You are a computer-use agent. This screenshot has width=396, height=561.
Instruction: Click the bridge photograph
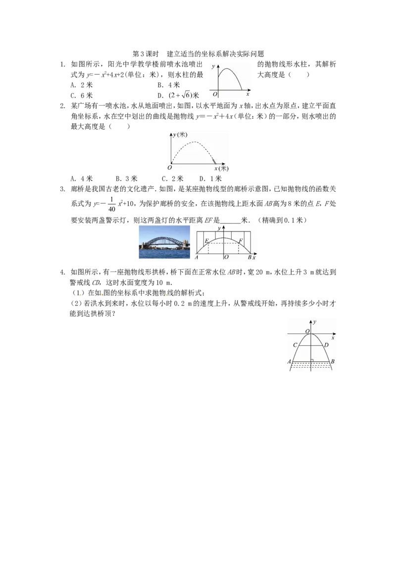(164, 242)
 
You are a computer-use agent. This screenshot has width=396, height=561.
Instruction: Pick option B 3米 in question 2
(127, 178)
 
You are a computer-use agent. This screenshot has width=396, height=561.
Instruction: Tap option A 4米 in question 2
(82, 178)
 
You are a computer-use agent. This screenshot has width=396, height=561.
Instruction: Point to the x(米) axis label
(221, 168)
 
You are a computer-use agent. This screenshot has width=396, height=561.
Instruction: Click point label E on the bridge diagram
(206, 241)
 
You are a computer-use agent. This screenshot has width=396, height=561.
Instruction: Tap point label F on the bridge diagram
(241, 241)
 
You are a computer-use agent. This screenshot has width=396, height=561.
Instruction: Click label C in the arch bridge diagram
(295, 345)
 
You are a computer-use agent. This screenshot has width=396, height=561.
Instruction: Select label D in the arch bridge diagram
(326, 345)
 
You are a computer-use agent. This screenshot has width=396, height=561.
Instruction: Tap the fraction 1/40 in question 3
(112, 204)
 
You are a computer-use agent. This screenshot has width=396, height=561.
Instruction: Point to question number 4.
(62, 272)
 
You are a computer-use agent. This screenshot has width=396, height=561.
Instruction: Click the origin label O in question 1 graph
(215, 95)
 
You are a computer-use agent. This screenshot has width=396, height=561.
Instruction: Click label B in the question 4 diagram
(333, 361)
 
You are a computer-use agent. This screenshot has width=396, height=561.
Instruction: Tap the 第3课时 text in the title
(146, 54)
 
